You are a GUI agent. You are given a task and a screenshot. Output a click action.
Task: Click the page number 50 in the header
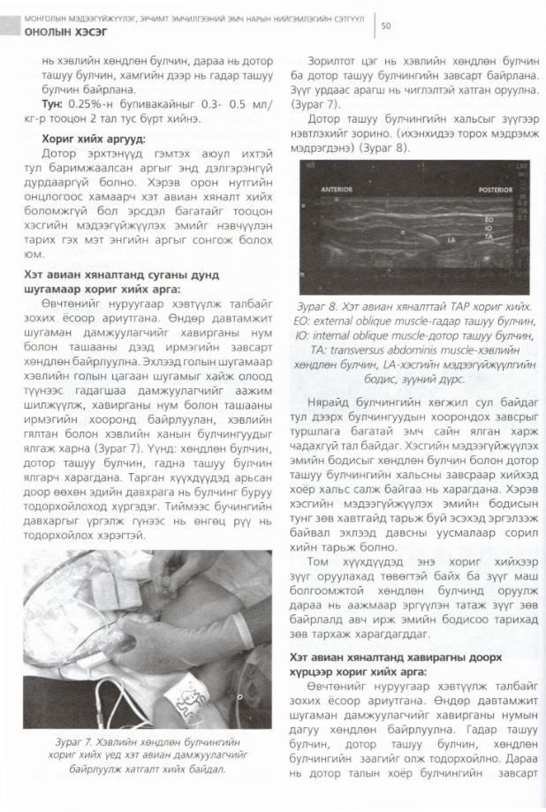386,26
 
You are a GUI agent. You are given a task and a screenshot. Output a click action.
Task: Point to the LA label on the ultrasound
451,238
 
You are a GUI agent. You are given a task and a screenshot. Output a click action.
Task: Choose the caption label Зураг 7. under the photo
72,743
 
